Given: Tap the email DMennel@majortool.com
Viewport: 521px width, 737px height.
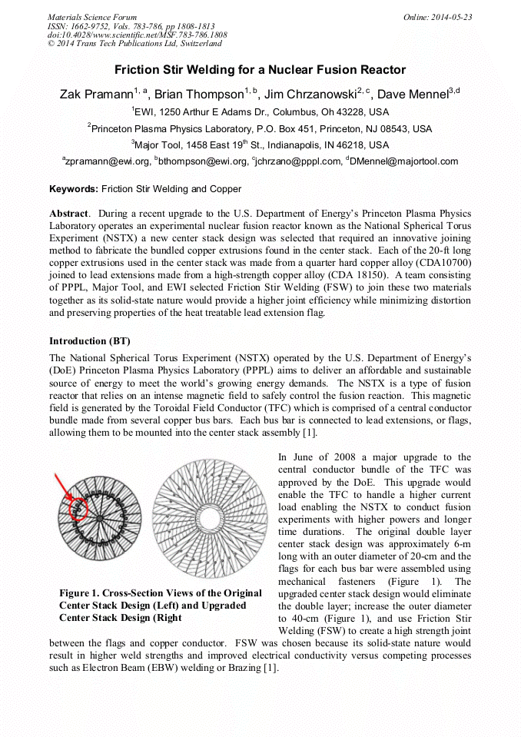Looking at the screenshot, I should point(404,161).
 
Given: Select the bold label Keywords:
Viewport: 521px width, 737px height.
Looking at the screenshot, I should point(74,188).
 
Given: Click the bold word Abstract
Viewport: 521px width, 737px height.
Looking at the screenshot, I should point(69,213).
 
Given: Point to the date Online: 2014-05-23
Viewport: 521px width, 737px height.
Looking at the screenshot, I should point(437,17).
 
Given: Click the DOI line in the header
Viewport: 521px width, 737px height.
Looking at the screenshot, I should point(137,35).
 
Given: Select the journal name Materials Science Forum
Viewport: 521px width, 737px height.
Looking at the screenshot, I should point(92,17).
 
